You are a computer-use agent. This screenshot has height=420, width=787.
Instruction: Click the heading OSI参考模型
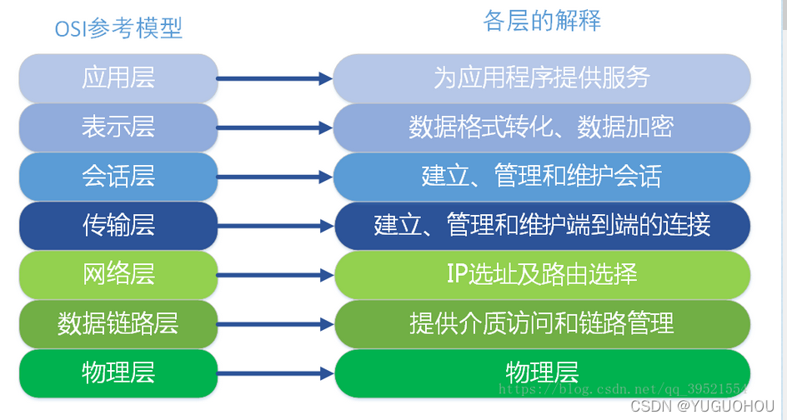(x=118, y=28)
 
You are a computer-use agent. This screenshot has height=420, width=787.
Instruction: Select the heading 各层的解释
(x=542, y=21)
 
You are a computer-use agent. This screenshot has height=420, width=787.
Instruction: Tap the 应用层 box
(x=118, y=78)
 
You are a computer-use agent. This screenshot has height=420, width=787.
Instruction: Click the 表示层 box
(x=118, y=127)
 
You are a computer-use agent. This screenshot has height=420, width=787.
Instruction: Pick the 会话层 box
(x=118, y=177)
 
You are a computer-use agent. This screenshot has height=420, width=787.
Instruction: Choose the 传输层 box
(x=118, y=226)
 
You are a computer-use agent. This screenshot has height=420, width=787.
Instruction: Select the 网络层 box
(x=118, y=275)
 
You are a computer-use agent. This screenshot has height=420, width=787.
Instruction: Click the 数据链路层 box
(x=118, y=324)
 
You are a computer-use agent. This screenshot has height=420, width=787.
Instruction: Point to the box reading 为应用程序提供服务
(x=542, y=78)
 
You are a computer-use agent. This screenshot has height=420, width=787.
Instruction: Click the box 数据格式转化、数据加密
(x=542, y=127)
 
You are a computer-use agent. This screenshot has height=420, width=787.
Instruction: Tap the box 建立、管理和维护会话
(x=542, y=177)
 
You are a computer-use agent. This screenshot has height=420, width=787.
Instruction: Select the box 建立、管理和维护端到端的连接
(x=542, y=226)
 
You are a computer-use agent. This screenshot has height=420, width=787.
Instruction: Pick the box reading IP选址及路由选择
(x=542, y=275)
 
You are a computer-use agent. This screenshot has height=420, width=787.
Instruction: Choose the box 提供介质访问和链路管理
(x=542, y=324)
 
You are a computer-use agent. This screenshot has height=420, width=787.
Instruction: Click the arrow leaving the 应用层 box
(x=274, y=78)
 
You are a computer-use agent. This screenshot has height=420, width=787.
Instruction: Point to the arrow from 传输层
(x=274, y=226)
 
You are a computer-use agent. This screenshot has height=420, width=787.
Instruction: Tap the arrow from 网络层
(x=274, y=275)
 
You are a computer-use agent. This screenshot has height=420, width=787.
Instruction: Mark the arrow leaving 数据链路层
(x=274, y=324)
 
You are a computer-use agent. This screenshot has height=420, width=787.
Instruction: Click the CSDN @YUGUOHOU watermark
(x=702, y=406)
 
